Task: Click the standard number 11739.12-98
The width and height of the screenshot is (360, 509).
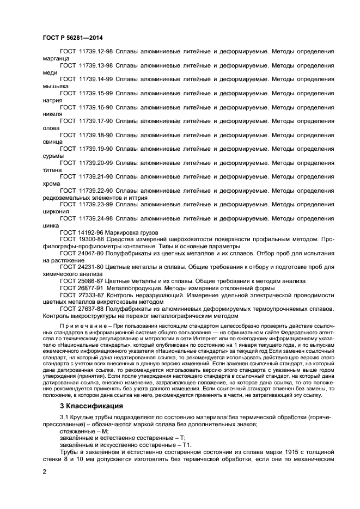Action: coord(96,51)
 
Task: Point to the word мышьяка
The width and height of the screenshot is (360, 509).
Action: coord(55,86)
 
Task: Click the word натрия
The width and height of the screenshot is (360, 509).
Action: coord(52,100)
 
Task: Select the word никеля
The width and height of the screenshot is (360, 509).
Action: coord(52,114)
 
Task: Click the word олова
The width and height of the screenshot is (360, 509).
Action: coord(51,128)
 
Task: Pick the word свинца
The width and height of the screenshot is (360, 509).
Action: coord(52,142)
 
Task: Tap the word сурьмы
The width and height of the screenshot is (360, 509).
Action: coord(53,156)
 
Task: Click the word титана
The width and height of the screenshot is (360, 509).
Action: coord(52,170)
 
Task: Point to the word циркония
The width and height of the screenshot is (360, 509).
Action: coord(56,212)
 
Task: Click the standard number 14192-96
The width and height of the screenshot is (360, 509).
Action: coord(91,232)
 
